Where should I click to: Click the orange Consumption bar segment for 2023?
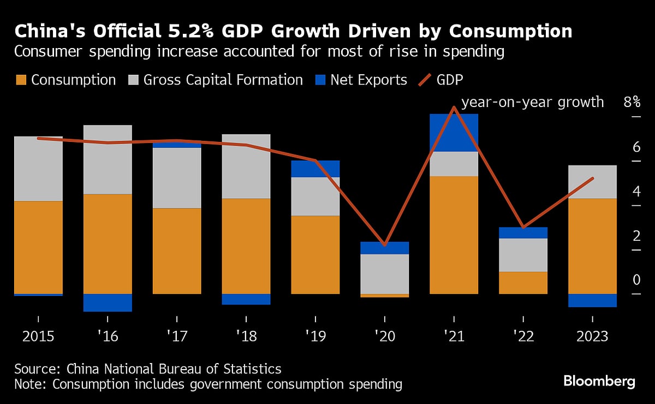(592, 246)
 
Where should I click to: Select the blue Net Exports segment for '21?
(454, 132)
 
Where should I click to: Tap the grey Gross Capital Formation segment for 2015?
(38, 169)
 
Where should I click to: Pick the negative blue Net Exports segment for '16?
(108, 302)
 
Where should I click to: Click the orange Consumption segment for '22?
(523, 282)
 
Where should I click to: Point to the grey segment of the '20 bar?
(385, 274)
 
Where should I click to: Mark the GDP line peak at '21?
(454, 107)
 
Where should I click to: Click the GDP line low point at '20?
(385, 245)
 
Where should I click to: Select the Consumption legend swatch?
(20, 80)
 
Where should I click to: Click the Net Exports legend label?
(368, 80)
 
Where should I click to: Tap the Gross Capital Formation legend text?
(223, 80)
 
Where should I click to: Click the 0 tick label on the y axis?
(636, 280)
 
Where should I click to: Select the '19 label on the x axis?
(315, 336)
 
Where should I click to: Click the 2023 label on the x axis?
(592, 336)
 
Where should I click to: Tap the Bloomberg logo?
(599, 381)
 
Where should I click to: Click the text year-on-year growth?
(532, 102)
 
